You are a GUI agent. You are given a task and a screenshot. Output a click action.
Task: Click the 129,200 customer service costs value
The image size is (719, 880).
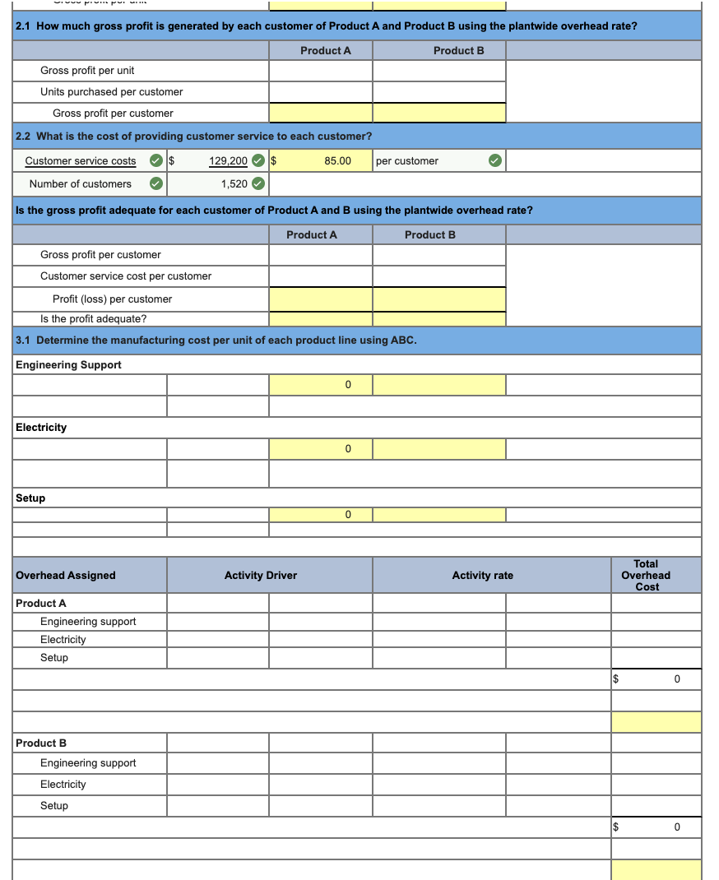[x=228, y=161]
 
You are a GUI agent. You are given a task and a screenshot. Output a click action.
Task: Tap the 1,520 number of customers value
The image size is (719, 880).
[x=234, y=184]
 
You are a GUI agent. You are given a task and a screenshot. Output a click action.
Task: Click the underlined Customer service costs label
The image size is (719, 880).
[x=81, y=161]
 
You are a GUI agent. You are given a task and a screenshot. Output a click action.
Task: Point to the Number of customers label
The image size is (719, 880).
[x=80, y=184]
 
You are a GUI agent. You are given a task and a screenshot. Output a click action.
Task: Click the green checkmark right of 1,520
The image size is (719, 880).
[x=258, y=184]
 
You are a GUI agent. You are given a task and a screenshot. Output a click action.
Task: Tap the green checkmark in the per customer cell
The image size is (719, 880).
[x=494, y=161]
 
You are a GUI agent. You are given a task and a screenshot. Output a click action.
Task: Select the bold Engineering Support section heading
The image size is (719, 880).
[x=68, y=365]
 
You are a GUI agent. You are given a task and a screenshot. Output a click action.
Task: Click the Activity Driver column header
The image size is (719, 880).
[x=261, y=576]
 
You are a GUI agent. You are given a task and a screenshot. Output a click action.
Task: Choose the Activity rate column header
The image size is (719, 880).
[x=482, y=576]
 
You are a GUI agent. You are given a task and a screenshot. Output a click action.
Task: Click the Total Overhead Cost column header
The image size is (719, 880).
[x=646, y=576]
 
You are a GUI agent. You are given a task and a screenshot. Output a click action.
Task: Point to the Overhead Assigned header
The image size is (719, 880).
[x=66, y=576]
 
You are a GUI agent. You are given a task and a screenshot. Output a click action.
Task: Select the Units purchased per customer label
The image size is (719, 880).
[x=112, y=92]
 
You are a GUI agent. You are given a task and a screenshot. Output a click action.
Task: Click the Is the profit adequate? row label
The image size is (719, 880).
[x=94, y=319]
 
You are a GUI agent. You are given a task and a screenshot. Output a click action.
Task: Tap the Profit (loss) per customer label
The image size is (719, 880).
[x=113, y=299]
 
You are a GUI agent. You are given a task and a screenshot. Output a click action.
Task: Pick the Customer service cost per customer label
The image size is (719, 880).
[x=126, y=276]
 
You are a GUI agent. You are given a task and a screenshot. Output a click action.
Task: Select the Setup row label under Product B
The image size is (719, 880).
[x=54, y=806]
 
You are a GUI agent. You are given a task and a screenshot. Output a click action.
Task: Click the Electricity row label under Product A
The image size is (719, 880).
[x=63, y=640]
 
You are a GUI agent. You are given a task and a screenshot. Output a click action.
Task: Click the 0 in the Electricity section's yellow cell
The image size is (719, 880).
[x=348, y=449]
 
